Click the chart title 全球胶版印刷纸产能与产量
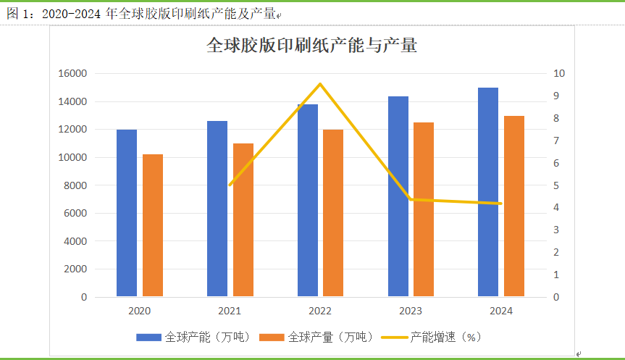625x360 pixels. [312, 45]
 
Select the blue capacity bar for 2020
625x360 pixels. [127, 213]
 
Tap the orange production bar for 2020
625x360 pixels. [153, 225]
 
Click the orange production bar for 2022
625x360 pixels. [333, 213]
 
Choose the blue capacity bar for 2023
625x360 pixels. [398, 196]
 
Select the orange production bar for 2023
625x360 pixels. [424, 209]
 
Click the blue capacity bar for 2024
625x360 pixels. [488, 192]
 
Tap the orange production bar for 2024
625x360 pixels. [514, 206]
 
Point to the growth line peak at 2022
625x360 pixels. [320, 84]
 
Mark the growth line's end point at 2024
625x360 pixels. [500, 204]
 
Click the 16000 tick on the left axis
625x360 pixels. [72, 73]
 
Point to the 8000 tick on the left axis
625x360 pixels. [75, 185]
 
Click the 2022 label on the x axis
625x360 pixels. [320, 311]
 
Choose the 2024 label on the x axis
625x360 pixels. [501, 311]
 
